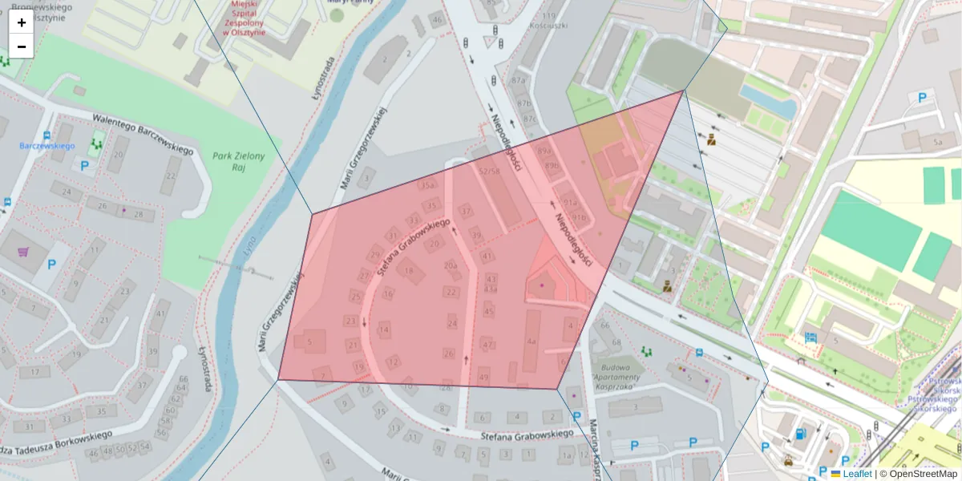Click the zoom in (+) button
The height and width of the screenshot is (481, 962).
coord(22,22)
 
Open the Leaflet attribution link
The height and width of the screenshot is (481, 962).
coord(857,474)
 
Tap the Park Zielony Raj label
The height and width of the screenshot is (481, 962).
coord(238,163)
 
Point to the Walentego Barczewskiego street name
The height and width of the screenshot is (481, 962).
coord(143,135)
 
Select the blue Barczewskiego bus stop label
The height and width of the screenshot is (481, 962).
coord(46,146)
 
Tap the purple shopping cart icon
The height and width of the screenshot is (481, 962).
coord(24,253)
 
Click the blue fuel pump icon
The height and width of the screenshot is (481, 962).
coord(799,435)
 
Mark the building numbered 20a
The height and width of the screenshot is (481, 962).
coord(451,265)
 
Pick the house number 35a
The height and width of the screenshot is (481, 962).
coord(429,185)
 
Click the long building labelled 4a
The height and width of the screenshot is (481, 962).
coord(531,340)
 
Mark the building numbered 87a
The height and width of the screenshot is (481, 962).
coord(519,81)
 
